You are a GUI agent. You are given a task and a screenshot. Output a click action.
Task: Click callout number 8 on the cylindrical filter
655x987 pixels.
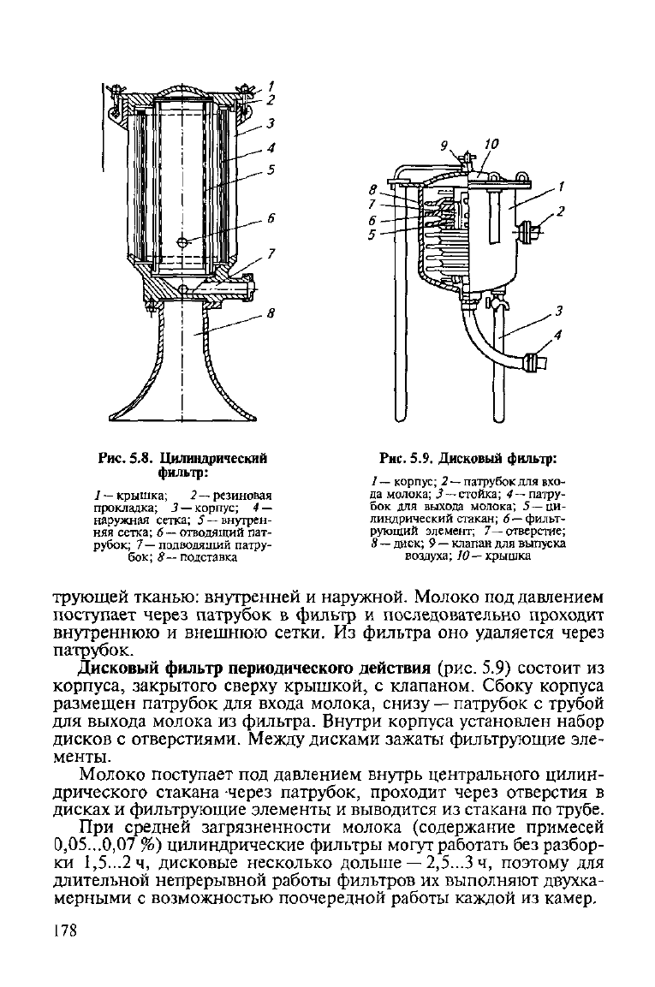coord(271,312)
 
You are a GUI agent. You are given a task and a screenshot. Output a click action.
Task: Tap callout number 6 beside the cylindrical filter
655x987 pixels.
coord(271,218)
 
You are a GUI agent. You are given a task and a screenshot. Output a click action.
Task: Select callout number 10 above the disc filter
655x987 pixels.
coord(491,144)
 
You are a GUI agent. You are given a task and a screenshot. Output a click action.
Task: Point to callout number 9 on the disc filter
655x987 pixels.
coord(444,146)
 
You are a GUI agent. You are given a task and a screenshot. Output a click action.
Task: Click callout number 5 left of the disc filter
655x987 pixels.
coord(372,235)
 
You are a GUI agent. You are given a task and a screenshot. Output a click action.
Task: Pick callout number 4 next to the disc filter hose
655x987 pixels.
coord(557,336)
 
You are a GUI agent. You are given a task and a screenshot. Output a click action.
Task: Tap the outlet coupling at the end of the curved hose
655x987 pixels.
coord(534,363)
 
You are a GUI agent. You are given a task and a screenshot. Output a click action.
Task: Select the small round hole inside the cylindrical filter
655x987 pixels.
coord(182,242)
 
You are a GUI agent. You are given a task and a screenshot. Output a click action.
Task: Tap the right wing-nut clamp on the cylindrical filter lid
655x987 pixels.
coord(244,90)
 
